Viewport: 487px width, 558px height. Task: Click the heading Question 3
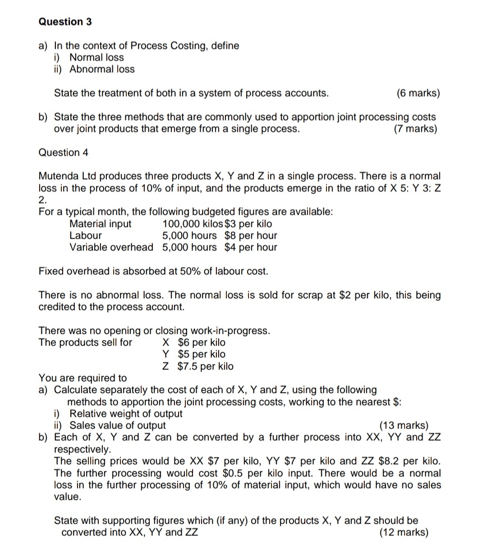(65, 22)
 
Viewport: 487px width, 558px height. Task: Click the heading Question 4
(64, 152)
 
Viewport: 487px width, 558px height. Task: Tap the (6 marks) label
(418, 93)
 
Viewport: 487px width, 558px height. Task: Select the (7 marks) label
(415, 129)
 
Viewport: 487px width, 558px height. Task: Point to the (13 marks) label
(404, 425)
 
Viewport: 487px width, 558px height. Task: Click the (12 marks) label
(404, 532)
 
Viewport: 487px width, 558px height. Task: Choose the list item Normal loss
(96, 57)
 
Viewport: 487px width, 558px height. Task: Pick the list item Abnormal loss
(102, 69)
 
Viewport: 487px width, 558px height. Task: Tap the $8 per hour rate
(251, 235)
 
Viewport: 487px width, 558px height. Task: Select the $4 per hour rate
(251, 247)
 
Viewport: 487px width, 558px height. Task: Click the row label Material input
(100, 224)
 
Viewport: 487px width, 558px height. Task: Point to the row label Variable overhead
(111, 247)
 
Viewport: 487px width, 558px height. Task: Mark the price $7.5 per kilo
(206, 366)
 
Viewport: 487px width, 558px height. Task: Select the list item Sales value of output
(118, 425)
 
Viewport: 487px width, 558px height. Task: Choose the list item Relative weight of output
(126, 414)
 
